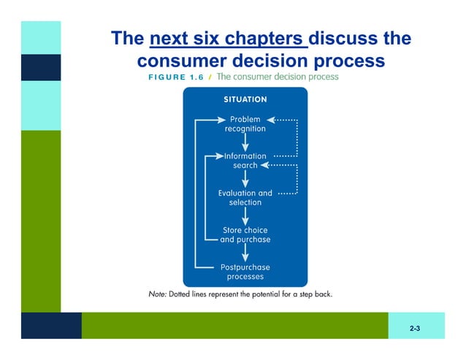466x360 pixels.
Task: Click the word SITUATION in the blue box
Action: click(x=245, y=99)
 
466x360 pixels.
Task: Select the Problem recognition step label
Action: click(x=245, y=123)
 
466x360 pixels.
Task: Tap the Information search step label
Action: click(x=245, y=161)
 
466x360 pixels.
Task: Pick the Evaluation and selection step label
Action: click(x=245, y=198)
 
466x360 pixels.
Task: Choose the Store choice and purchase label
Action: click(x=245, y=235)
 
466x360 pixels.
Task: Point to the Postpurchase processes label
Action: click(x=245, y=272)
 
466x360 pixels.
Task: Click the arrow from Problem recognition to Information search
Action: click(x=245, y=142)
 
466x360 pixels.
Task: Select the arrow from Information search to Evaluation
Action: click(x=245, y=179)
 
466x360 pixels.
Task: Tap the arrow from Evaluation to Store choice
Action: click(x=245, y=216)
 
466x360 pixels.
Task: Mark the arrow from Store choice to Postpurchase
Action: click(x=245, y=253)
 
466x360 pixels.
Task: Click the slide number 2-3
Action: click(x=415, y=329)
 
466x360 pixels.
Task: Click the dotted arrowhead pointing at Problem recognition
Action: click(x=270, y=119)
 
